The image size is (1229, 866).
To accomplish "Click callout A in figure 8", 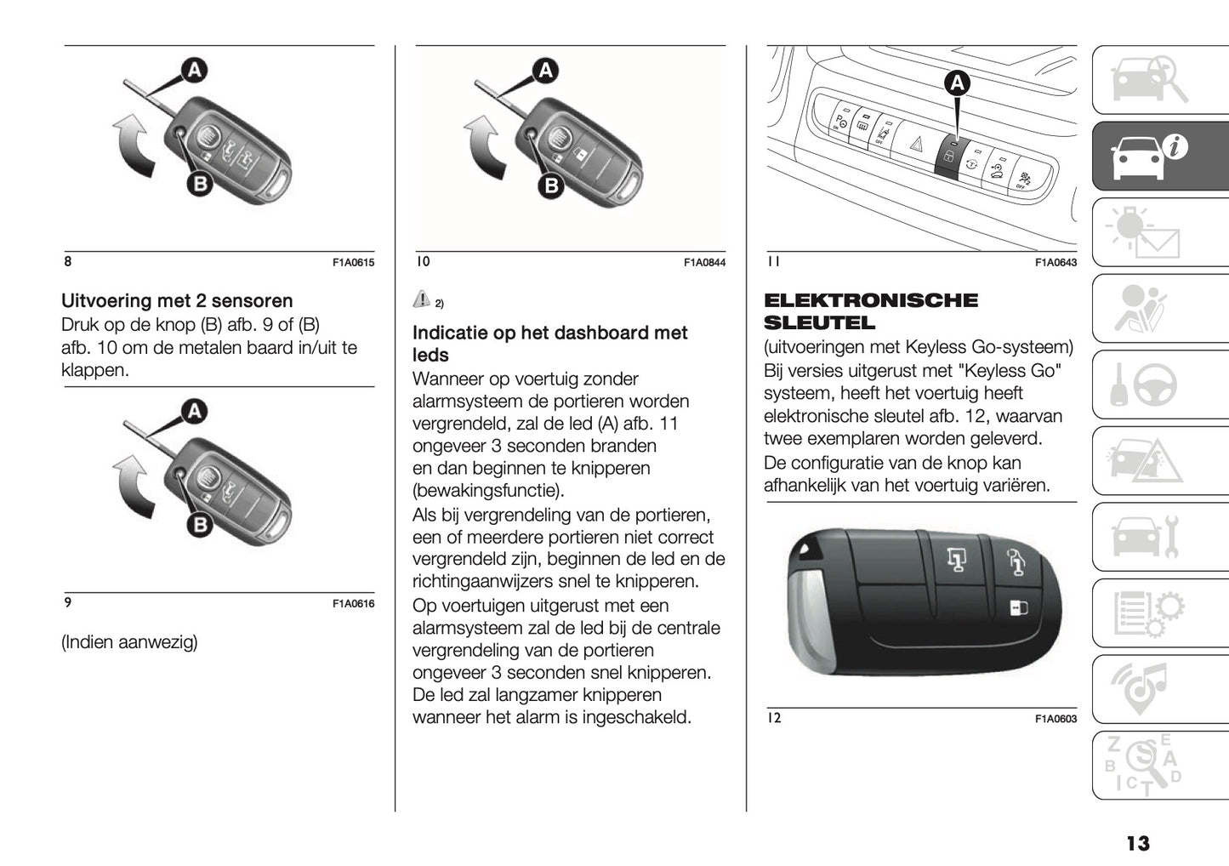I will click(194, 70).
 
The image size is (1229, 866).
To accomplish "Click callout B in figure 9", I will click(199, 525).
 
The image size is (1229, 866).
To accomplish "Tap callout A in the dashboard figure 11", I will click(957, 83).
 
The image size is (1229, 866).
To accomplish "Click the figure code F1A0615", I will click(353, 263).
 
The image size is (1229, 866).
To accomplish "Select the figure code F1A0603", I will click(1055, 719).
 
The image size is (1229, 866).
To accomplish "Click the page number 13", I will click(1137, 843).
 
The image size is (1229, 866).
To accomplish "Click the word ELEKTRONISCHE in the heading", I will click(871, 300).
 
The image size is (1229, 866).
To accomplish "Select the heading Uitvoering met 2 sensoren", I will click(177, 301).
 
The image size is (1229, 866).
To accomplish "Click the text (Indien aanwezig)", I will click(129, 642).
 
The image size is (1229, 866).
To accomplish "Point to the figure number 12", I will click(773, 718).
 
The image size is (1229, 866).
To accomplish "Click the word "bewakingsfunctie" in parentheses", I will click(488, 491).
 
